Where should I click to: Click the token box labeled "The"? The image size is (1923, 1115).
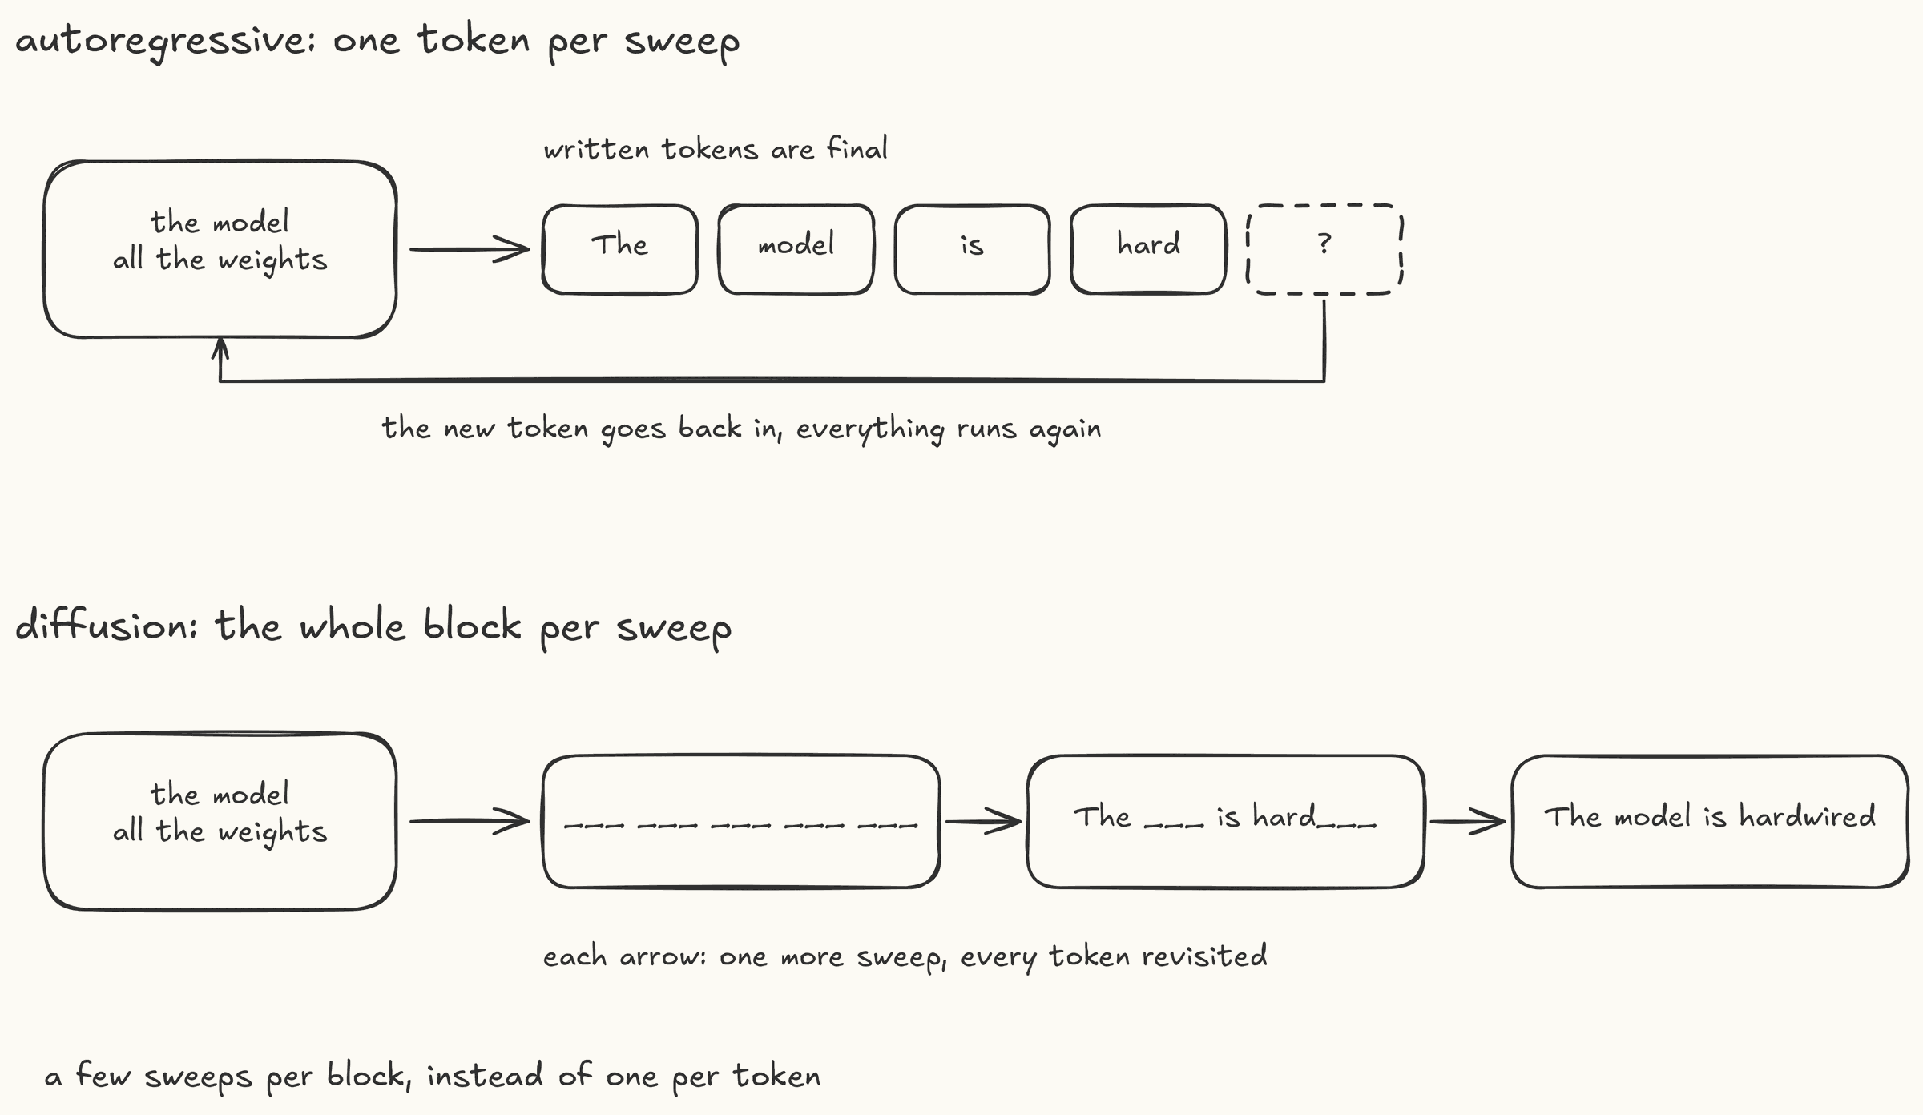point(620,249)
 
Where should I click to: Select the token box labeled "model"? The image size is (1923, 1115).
point(796,249)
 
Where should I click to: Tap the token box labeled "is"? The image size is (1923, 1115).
point(973,249)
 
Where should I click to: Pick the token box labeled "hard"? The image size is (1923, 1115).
point(1149,249)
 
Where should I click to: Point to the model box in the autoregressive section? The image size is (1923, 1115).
point(220,249)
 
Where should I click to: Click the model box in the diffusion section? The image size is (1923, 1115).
point(220,821)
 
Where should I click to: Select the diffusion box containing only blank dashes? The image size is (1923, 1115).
point(741,821)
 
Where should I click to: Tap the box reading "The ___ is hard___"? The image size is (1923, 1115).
point(1226,821)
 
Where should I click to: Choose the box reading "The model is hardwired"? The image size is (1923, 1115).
point(1710,821)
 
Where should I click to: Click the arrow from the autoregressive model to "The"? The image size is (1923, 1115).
point(470,249)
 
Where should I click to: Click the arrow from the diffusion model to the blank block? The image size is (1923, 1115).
point(470,821)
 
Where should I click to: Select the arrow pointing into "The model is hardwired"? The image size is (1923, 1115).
point(1468,821)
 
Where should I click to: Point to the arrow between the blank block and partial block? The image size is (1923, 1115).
point(984,821)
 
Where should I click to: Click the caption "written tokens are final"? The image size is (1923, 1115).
point(716,149)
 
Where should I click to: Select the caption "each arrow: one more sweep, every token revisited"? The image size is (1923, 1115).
point(905,956)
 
